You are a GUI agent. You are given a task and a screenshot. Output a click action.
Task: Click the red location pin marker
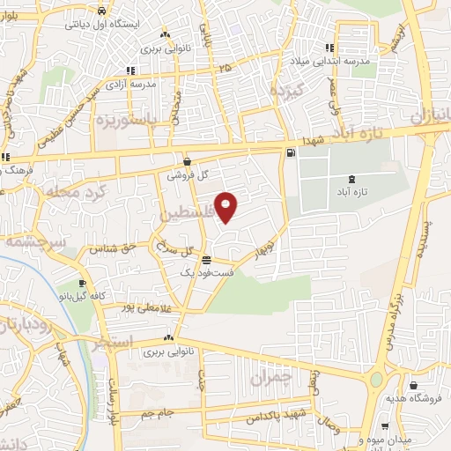click(x=226, y=207)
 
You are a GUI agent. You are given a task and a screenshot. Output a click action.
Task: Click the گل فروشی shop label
click(x=189, y=174)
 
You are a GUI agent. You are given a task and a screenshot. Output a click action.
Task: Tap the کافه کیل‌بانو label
click(x=102, y=296)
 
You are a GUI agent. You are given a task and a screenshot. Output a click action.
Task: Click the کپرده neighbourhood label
click(x=285, y=92)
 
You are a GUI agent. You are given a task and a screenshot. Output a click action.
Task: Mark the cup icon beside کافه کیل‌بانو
click(x=82, y=284)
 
